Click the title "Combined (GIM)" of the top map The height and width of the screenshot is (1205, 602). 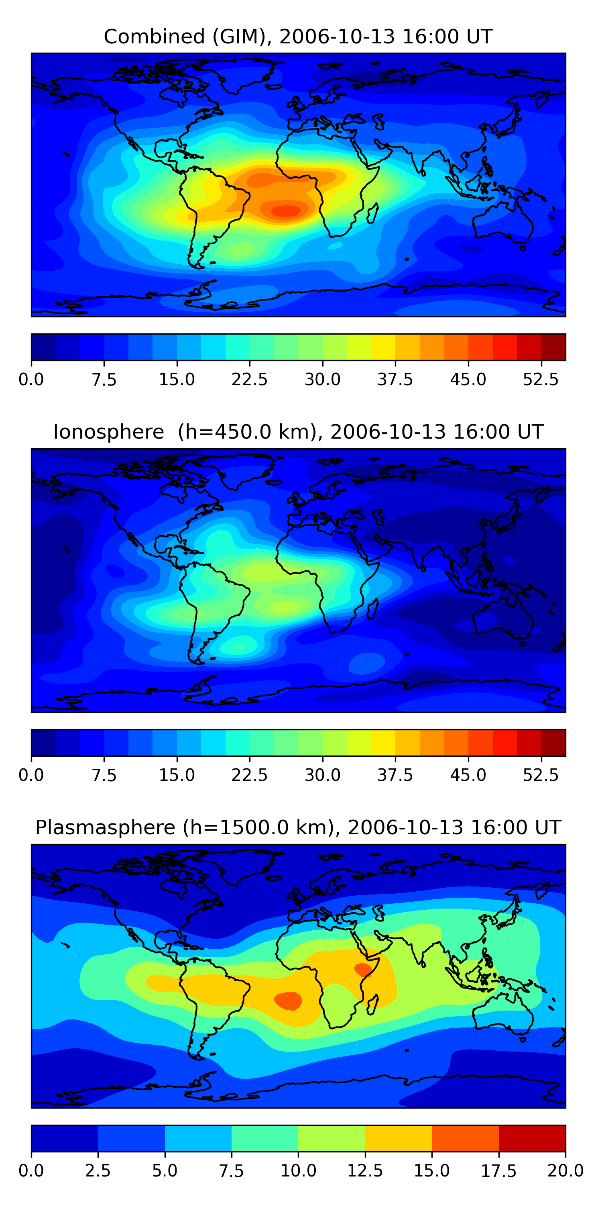tap(187, 37)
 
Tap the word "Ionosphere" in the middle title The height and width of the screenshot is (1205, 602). tap(109, 432)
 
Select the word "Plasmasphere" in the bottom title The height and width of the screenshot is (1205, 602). tap(105, 827)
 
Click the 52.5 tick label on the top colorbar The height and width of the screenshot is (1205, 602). tap(541, 379)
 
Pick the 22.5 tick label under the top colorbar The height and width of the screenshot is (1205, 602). tap(250, 379)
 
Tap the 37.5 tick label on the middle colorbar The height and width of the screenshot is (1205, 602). tap(395, 775)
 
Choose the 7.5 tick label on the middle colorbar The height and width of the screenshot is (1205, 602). tap(104, 775)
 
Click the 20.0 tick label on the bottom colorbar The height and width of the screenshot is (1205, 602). tap(565, 1171)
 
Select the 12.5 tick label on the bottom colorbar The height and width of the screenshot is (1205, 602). tap(365, 1171)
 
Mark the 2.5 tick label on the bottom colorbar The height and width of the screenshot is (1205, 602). tap(98, 1171)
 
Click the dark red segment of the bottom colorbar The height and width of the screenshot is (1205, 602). tap(532, 1138)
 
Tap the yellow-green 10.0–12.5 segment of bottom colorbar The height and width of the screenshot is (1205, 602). tap(332, 1138)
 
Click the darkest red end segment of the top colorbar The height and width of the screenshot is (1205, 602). tap(553, 347)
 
